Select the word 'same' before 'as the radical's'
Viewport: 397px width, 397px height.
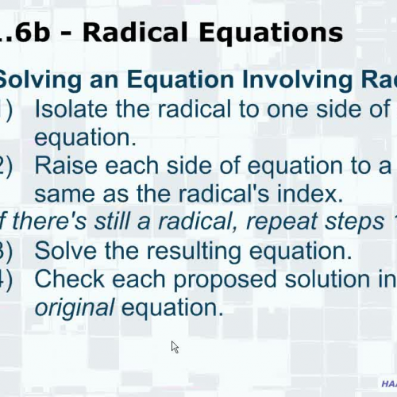pyautogui.click(x=63, y=193)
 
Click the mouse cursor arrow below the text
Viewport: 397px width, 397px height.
pyautogui.click(x=175, y=346)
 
